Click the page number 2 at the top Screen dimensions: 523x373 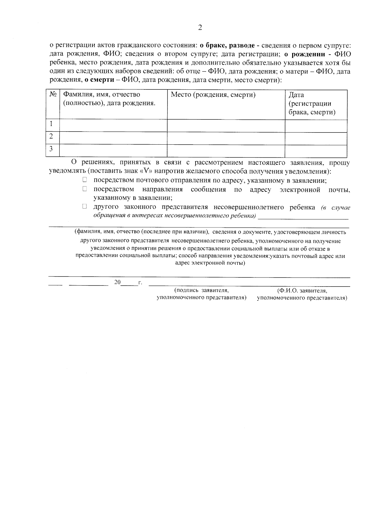[200, 28]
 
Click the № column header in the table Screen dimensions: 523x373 [53, 94]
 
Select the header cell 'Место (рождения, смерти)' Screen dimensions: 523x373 [213, 95]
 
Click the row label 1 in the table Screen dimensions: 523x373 [51, 124]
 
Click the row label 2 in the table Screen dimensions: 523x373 [51, 136]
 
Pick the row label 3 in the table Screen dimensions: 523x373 [51, 149]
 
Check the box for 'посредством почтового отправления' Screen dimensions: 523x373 [85, 180]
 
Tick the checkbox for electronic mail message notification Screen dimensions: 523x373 [85, 189]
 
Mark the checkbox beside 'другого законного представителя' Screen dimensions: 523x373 [85, 206]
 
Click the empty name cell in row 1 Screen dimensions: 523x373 [113, 126]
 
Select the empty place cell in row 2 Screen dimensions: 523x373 [226, 138]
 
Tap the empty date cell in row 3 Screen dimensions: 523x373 [316, 151]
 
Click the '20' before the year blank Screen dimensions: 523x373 [117, 282]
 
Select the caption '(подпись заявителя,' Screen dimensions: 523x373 [201, 291]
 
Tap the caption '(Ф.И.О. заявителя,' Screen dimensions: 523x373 [302, 291]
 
